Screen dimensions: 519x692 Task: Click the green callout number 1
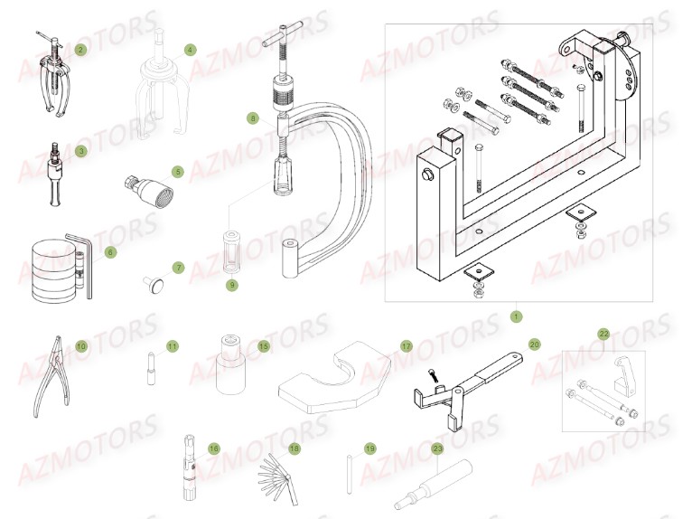pos(516,316)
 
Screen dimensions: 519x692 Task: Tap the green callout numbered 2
pos(80,50)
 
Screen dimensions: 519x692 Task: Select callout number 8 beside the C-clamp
pos(253,118)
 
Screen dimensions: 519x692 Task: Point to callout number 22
pos(604,334)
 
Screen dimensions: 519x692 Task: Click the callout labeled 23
pos(437,448)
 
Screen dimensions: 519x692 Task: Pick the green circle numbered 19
pos(369,448)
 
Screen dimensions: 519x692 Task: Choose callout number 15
pos(264,346)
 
